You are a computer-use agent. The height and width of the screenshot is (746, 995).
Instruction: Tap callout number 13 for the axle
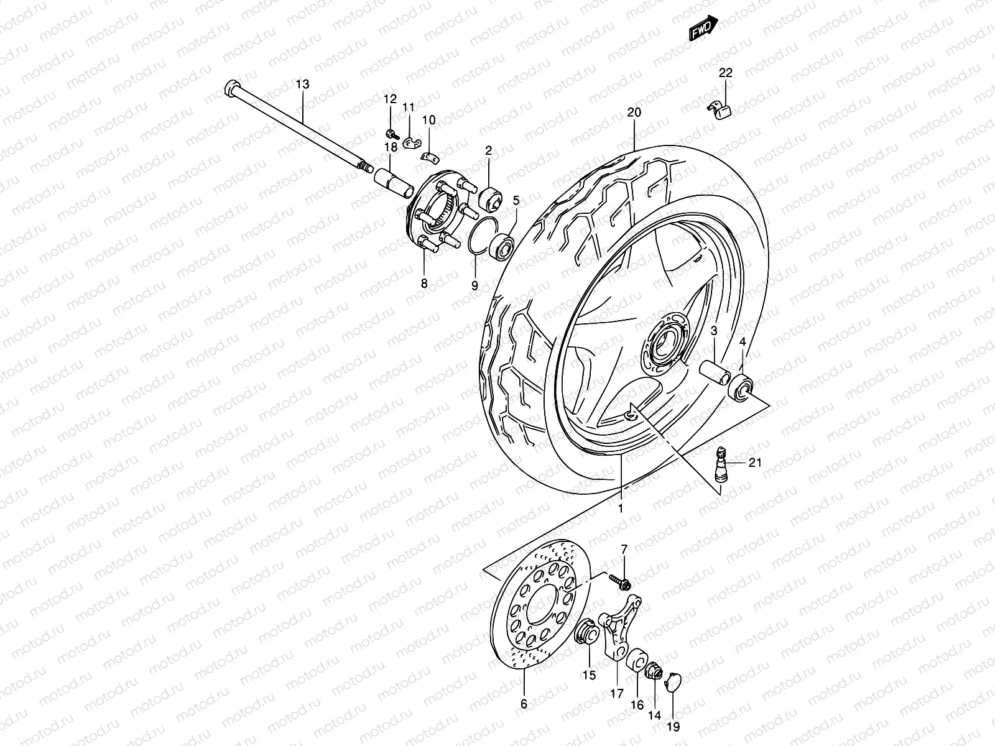302,84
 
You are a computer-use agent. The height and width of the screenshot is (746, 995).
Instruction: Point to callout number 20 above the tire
634,113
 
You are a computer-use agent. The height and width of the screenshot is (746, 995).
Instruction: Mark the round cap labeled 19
672,682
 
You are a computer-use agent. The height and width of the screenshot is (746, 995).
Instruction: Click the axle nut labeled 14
654,671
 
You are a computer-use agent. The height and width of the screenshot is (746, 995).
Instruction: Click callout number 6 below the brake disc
523,704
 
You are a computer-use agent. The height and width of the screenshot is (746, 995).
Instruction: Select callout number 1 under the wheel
620,508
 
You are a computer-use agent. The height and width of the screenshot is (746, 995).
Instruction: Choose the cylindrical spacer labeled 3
715,372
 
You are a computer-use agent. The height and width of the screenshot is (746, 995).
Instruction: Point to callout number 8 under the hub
424,283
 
